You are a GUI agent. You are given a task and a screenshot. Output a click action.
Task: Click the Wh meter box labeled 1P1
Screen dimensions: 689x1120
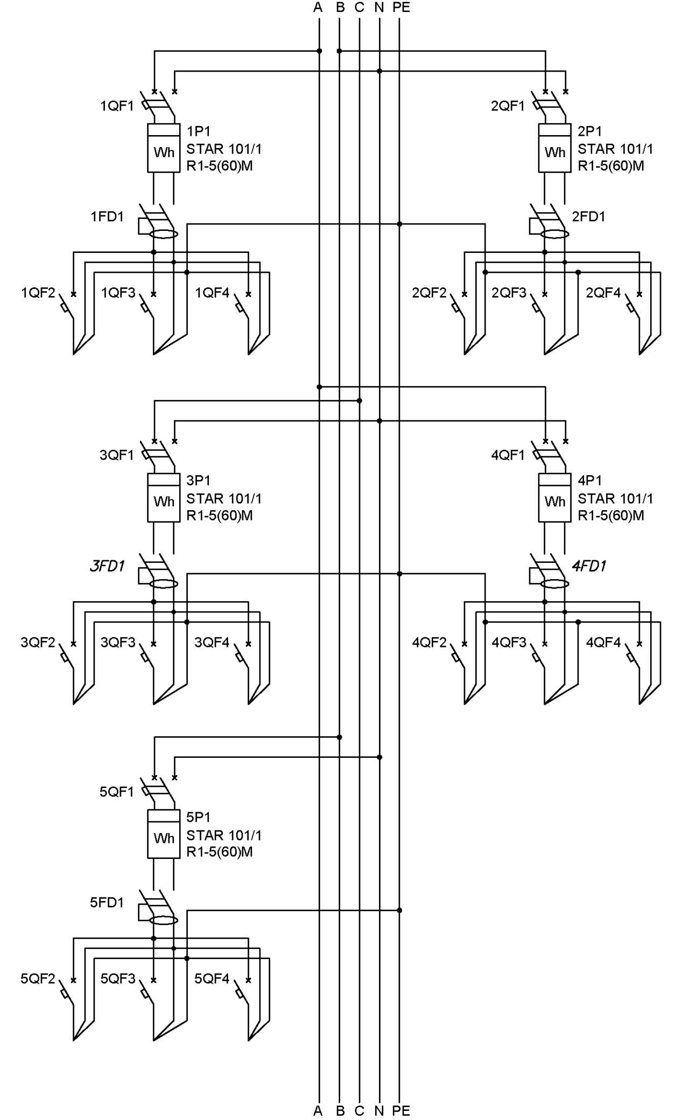164,148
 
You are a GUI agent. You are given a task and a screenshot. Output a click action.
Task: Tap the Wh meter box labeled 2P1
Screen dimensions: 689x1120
554,148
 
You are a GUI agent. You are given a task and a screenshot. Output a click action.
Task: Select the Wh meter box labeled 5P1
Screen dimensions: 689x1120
164,834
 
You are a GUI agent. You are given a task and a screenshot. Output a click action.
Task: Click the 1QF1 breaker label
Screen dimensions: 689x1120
117,106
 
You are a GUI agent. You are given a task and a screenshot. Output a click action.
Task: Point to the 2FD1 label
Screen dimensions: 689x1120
588,216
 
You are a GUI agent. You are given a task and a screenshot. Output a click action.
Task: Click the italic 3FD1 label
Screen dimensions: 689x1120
107,566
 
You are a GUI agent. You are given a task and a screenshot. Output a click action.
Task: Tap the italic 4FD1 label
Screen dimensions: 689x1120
589,566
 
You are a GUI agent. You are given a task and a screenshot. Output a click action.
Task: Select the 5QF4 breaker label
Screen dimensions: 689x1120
212,978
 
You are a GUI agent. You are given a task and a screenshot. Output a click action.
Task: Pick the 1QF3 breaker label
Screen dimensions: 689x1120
118,293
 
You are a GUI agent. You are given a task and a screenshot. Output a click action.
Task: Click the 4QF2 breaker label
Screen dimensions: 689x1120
429,642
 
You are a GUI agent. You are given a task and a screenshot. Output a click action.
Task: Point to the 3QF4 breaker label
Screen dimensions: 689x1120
212,642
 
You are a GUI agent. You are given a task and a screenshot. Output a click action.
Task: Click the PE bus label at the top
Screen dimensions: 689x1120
401,7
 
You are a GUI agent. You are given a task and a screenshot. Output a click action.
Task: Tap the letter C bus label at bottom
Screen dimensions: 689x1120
360,1110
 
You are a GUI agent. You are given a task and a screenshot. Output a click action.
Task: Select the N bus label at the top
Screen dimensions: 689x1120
379,7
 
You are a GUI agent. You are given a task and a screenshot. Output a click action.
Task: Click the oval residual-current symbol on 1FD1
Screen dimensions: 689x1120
164,234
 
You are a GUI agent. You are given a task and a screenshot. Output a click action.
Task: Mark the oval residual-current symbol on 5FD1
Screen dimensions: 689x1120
164,920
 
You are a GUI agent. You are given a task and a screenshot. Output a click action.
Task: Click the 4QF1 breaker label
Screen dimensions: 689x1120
508,455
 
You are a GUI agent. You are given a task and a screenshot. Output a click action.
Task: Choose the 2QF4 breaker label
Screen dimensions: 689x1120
603,293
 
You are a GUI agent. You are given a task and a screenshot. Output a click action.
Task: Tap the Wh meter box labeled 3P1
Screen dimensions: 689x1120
164,498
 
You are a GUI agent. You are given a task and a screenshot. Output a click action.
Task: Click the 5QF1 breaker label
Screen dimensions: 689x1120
116,792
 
